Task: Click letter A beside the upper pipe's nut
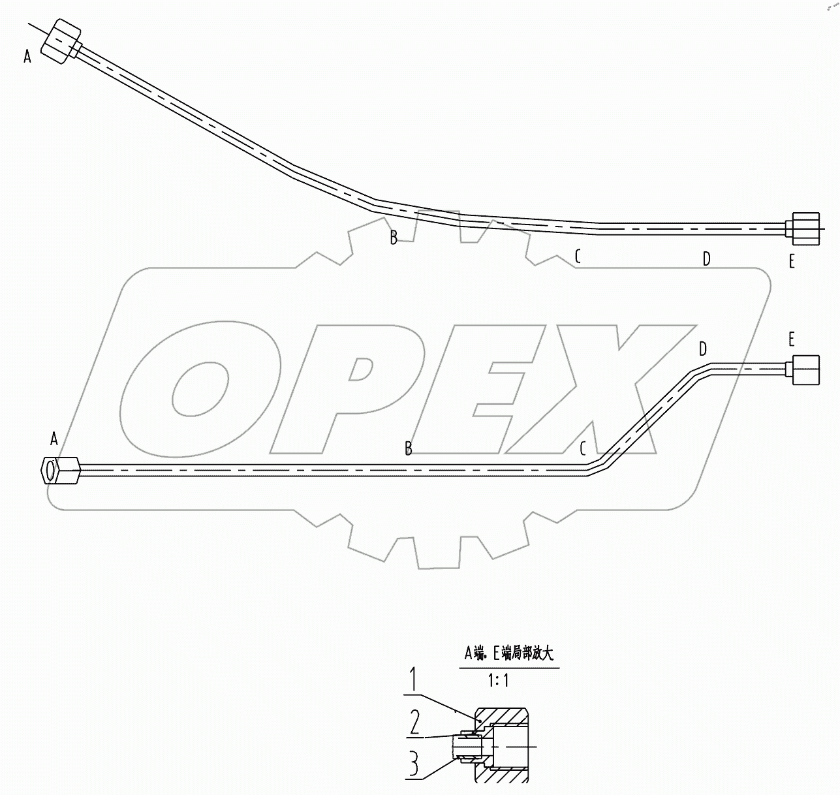(x=27, y=57)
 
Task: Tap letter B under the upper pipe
(x=394, y=238)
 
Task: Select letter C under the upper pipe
(x=578, y=257)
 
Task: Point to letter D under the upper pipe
(x=706, y=259)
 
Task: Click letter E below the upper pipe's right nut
(x=792, y=262)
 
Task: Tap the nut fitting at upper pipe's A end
(x=60, y=42)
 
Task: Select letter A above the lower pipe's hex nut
(x=54, y=439)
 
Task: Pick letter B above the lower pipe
(x=409, y=448)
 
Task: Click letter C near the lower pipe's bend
(x=583, y=448)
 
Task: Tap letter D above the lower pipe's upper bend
(x=702, y=349)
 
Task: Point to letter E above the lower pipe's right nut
(x=792, y=339)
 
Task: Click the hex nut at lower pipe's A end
(x=59, y=469)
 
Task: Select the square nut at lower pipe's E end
(x=805, y=369)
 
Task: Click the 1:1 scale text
(x=498, y=681)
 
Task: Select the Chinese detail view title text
(x=508, y=651)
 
